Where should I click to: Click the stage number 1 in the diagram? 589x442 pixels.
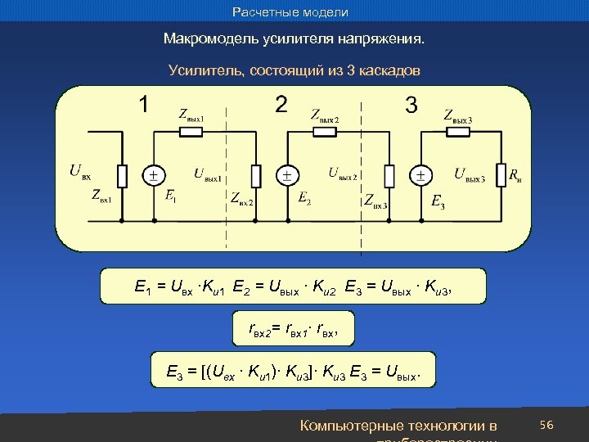[143, 105]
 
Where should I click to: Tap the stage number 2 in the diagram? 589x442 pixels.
[281, 105]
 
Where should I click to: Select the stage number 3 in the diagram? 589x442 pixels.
[411, 105]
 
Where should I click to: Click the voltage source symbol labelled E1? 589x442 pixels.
[153, 175]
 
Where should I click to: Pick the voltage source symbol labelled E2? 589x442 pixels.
[286, 175]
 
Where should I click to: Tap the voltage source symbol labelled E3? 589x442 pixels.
[420, 175]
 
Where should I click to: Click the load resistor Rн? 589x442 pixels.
[498, 175]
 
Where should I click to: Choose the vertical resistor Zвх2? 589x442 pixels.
[256, 175]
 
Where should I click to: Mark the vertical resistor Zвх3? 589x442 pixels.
[389, 175]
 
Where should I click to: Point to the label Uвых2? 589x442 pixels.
[343, 174]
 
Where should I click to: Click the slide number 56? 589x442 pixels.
[547, 424]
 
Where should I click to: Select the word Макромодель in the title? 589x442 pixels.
[206, 39]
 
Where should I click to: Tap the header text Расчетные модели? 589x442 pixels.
[290, 12]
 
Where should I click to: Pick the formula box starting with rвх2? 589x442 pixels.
[293, 329]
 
